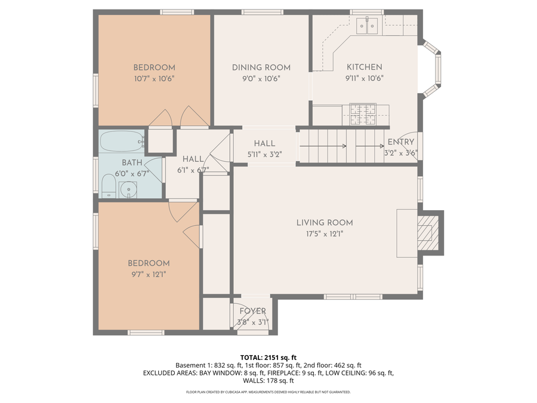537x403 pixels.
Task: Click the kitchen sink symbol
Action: click(x=367, y=25)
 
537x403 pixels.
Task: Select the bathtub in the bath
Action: click(x=122, y=142)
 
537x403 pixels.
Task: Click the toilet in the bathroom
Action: click(x=108, y=187)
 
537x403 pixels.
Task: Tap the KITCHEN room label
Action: click(x=364, y=67)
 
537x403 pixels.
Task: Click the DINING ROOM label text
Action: click(x=261, y=67)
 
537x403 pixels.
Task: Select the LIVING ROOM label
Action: click(x=325, y=223)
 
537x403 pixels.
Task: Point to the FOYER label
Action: click(x=253, y=311)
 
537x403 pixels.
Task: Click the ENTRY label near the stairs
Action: click(x=400, y=142)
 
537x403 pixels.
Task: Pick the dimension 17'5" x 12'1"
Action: click(x=325, y=234)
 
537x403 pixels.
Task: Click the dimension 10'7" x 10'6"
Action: click(x=154, y=78)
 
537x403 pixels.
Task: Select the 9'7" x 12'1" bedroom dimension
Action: click(x=149, y=274)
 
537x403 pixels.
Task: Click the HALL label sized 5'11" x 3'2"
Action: click(x=264, y=143)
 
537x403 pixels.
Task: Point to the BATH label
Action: click(x=132, y=162)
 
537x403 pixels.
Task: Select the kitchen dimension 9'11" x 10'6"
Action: click(x=364, y=78)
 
